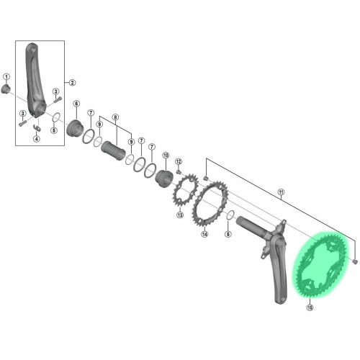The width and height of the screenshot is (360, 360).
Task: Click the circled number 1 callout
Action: coord(6,77)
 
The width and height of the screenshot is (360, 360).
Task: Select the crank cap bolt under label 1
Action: coord(5,89)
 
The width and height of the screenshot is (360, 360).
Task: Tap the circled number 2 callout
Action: coord(72,83)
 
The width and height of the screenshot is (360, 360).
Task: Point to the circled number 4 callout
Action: coord(37,139)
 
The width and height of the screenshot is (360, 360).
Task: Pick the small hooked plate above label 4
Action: coord(37,128)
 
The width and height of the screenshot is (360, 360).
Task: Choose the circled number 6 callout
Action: coord(76,104)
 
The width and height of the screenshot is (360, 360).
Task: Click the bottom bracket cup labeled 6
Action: coord(74,128)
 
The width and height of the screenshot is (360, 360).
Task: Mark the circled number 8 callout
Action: coord(115,117)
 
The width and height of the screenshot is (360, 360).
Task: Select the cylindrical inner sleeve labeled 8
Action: coord(113,150)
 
